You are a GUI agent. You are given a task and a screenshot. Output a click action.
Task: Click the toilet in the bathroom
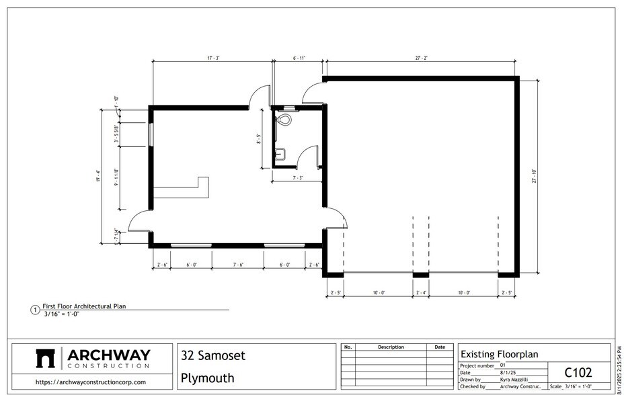pos(284,120)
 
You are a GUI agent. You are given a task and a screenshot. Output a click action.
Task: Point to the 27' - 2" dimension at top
pos(422,59)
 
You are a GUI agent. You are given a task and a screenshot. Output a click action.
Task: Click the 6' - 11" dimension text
pos(299,59)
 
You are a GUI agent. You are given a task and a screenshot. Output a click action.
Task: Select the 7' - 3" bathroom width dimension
pos(299,177)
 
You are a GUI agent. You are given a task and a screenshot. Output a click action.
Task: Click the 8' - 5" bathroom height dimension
pos(258,138)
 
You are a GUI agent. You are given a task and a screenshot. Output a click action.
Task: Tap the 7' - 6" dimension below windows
pos(238,265)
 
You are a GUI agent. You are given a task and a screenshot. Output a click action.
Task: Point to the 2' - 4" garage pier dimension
pos(421,293)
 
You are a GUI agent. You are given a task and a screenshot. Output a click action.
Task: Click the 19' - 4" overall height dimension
pos(98,176)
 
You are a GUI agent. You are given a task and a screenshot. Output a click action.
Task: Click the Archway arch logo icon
pos(45,359)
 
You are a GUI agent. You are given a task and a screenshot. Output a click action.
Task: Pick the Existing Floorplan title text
pos(499,354)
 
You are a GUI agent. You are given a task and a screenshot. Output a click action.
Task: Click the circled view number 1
pos(35,310)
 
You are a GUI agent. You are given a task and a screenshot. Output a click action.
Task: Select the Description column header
pos(391,347)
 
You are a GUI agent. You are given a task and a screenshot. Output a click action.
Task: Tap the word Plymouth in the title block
pos(208,378)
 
